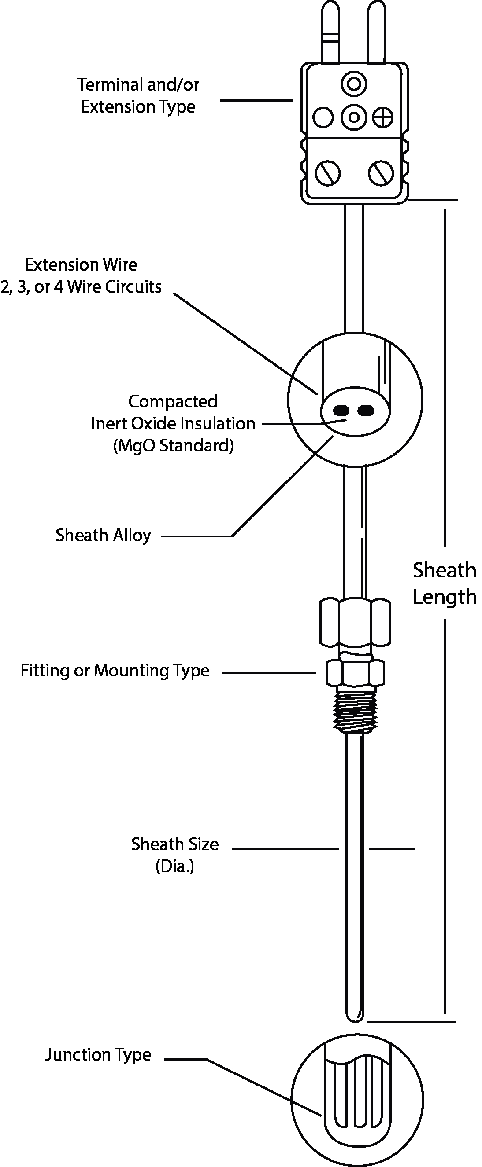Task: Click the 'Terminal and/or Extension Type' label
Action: tap(138, 95)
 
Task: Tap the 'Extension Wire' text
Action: tap(81, 264)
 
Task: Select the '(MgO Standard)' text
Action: tap(173, 446)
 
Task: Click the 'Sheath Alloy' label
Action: tap(103, 536)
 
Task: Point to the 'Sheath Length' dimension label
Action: tap(444, 583)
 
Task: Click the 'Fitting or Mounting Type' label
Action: tap(115, 671)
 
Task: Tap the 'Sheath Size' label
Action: tap(174, 844)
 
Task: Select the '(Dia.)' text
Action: tap(174, 866)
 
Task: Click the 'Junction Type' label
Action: tap(98, 1055)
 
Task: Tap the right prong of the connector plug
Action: tap(377, 32)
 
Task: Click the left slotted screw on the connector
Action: tap(327, 173)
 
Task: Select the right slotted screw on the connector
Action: tap(381, 173)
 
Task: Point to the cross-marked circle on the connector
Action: tap(383, 118)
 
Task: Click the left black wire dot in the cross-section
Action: tap(341, 411)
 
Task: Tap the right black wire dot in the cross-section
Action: tap(366, 411)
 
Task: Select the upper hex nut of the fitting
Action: tap(355, 621)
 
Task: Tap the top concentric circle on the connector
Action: tap(354, 84)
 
